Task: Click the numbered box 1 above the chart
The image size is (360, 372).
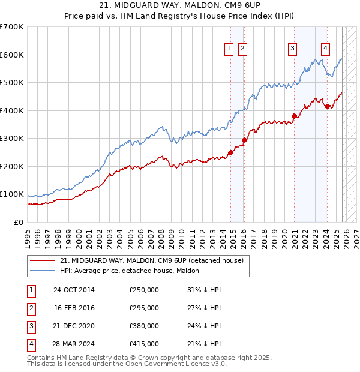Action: (229, 49)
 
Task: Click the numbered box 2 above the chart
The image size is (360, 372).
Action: (242, 49)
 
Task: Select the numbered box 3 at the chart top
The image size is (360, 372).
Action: (292, 49)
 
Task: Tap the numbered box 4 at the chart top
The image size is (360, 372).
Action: (325, 49)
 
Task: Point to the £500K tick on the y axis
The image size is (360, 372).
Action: (11, 83)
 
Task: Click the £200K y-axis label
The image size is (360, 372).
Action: (11, 167)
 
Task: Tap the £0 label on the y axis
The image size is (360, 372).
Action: (18, 223)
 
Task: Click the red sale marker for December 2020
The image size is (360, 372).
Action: (294, 116)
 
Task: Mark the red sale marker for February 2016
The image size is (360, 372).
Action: (244, 140)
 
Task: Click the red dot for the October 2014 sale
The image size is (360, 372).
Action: (230, 152)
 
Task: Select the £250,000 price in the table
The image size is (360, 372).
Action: (144, 290)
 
